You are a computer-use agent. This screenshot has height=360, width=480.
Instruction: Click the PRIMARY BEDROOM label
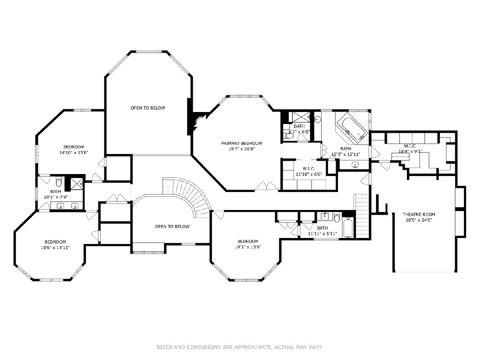point(242,143)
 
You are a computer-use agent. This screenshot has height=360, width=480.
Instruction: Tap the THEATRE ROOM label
point(419,214)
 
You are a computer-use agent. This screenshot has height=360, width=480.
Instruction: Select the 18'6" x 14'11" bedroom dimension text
point(55,248)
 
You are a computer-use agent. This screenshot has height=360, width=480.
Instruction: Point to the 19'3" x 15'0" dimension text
point(248,247)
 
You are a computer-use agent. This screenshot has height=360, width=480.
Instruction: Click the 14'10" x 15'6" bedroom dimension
point(74,152)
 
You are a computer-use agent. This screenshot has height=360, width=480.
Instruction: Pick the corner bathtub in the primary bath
point(352,128)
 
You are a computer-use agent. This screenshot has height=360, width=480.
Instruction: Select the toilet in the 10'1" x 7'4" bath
point(59,181)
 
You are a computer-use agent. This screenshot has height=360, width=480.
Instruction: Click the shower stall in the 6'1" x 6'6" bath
point(299,117)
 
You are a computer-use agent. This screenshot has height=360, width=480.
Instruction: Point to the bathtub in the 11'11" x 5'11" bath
point(348,228)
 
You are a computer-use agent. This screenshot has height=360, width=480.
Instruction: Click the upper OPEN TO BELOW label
point(148,108)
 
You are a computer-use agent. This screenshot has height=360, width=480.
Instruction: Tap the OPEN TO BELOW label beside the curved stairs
point(172,226)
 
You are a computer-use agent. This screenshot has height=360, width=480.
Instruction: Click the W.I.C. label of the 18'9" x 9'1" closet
point(410,146)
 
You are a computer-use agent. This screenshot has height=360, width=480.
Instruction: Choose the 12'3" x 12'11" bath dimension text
point(346,154)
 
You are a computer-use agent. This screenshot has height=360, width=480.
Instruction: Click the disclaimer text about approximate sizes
point(240,347)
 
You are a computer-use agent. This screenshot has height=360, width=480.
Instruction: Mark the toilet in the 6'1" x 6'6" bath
point(289,136)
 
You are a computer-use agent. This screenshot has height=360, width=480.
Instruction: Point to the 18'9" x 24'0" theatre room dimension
point(419,220)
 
